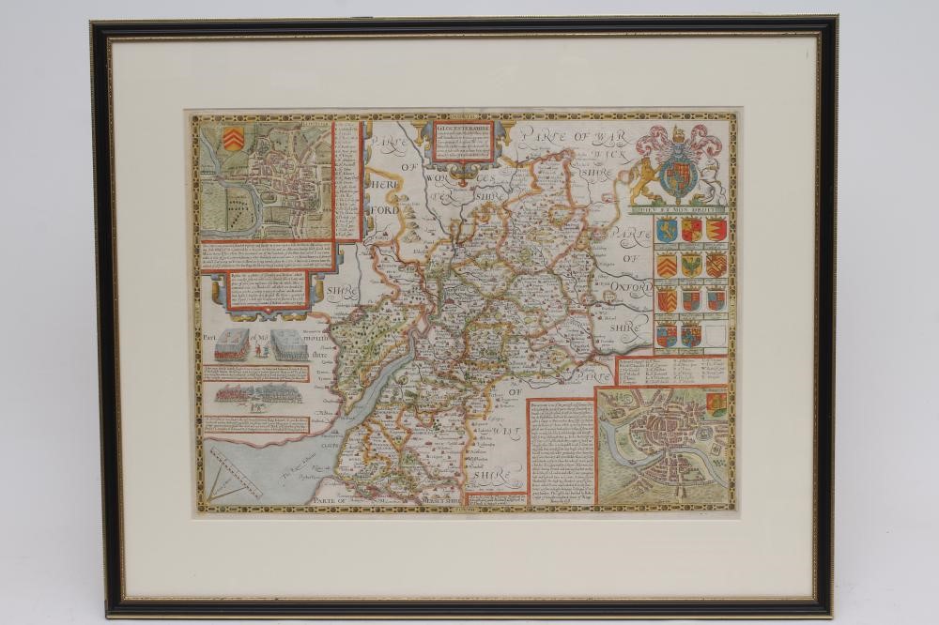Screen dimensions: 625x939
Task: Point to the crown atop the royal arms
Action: click(681, 133)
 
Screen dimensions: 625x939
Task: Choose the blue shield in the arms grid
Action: click(667, 230)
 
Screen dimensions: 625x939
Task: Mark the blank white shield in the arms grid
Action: click(716, 334)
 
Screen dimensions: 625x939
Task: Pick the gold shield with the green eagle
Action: click(691, 265)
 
